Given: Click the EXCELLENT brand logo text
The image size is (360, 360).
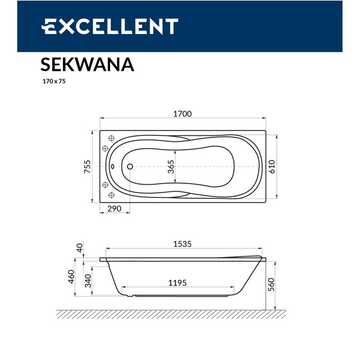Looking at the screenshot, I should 110,27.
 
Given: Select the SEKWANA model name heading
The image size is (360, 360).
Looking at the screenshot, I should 87,65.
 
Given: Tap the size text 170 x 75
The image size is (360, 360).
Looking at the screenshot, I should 53,81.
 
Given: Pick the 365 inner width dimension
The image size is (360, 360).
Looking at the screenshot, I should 171,167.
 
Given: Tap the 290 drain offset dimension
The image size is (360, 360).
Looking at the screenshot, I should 114,209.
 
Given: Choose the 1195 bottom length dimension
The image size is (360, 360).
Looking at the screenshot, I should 177,282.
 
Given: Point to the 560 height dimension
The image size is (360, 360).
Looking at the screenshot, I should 272,284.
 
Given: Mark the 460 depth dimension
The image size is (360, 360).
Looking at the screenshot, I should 71,277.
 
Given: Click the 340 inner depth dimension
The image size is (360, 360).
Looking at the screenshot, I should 88,281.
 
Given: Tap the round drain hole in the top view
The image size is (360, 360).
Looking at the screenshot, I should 130,167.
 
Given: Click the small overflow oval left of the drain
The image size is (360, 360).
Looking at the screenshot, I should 113,167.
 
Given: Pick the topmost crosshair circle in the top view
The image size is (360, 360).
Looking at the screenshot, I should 111,138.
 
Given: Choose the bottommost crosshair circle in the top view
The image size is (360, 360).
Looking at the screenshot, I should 111,195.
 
